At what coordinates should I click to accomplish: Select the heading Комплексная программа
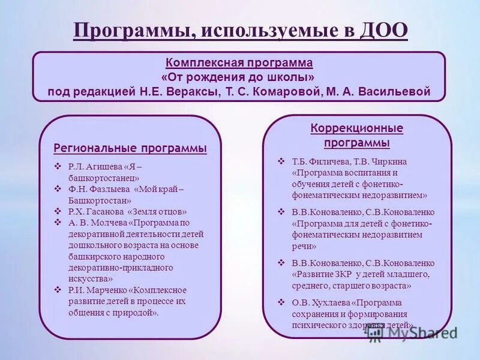pos(239,63)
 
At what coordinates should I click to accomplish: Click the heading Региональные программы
pos(130,148)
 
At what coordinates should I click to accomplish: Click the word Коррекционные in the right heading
pos(356,128)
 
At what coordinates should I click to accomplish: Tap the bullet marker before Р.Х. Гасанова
pos(58,211)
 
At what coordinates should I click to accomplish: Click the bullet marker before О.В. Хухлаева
pos(281,302)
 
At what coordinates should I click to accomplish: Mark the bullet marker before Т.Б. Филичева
pos(281,161)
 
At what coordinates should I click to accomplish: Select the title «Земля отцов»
pos(157,211)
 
